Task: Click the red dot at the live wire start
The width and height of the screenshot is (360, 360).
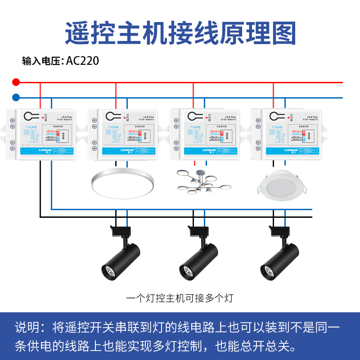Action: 16,82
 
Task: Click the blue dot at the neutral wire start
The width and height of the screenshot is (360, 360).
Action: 16,97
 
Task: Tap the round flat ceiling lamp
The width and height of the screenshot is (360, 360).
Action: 122,183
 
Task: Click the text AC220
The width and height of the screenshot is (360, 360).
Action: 82,61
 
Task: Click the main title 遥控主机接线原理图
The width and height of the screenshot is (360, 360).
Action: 180,32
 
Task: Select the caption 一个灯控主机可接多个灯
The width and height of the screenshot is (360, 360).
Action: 180,298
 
